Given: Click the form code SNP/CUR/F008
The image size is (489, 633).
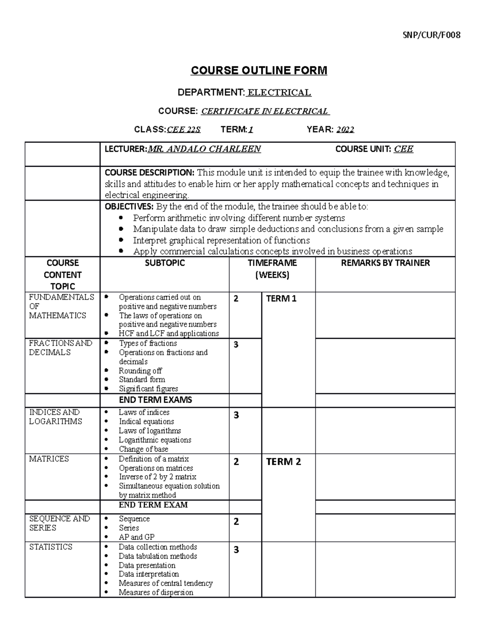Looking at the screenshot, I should (x=432, y=35).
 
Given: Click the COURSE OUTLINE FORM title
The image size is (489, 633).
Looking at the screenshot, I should (x=259, y=71).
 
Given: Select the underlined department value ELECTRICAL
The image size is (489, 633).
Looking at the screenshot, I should (x=280, y=93).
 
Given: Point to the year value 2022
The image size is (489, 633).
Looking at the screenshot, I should (x=345, y=130).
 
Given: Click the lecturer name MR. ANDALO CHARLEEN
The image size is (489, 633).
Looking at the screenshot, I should (x=204, y=149).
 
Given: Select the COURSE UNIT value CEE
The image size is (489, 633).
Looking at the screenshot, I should (x=403, y=149).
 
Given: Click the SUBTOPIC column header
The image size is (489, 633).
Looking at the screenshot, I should (x=165, y=263).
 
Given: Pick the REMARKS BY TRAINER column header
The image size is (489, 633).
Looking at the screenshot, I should (x=385, y=263).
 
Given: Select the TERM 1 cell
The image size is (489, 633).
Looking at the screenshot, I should (x=281, y=299).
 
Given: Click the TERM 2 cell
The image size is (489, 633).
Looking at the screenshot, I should (x=283, y=462).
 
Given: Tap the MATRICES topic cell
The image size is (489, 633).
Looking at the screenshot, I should (x=49, y=459).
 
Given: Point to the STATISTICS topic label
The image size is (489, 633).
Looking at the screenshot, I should (x=51, y=547).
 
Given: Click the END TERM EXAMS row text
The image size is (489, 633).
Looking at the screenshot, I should (x=155, y=400).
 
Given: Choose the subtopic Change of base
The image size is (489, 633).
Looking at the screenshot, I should (x=143, y=449).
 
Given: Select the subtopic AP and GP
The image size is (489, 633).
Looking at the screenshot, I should (x=137, y=537).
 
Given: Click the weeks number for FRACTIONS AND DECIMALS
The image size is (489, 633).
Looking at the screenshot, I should (x=236, y=345).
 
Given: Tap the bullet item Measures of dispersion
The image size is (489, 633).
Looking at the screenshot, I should (x=156, y=592).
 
